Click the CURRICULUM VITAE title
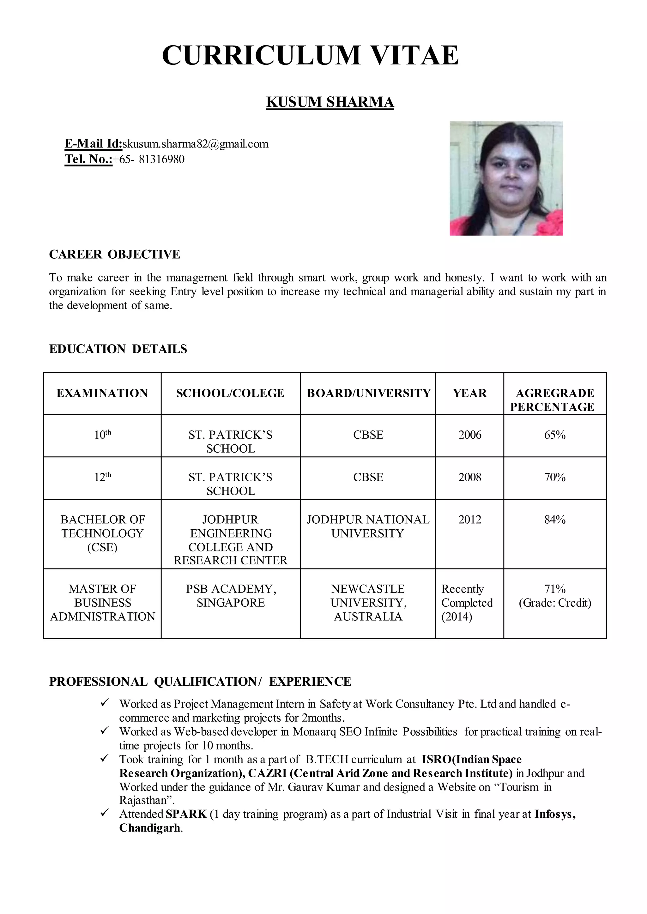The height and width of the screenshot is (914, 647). coord(310,55)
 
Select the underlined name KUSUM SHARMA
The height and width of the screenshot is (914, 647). coord(330,102)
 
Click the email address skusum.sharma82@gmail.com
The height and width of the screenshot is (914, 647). coord(195,144)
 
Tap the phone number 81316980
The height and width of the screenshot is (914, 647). coord(161,159)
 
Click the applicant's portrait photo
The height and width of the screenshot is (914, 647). coord(506,178)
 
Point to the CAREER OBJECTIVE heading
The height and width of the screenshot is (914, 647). coord(114,254)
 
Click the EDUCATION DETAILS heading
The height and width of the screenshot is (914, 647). coord(118,349)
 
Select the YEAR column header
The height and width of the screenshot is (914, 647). coord(469,393)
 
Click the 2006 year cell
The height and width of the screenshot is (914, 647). coord(469,435)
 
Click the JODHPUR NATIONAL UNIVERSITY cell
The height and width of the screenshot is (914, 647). coord(367,526)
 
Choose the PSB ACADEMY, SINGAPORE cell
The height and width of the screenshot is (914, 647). coord(231,595)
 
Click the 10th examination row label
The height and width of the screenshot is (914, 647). coord(102,435)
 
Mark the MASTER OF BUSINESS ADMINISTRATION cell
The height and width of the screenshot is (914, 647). coord(102,603)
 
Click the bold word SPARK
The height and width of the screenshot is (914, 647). coord(186,814)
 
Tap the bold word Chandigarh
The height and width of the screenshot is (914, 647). coord(150,828)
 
